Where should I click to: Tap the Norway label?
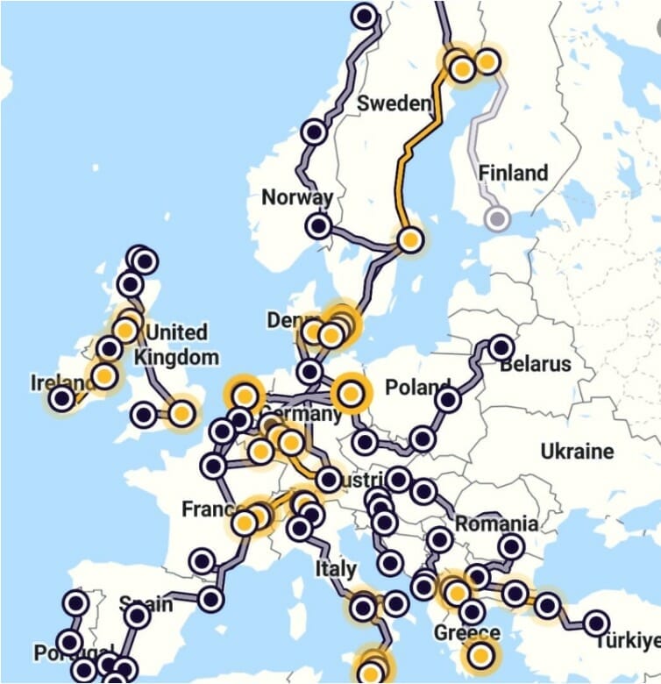(x=297, y=197)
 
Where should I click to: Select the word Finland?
(x=513, y=173)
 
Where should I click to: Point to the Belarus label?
(x=535, y=363)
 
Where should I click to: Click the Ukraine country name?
(x=577, y=452)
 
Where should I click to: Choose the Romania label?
(x=496, y=524)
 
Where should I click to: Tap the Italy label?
(x=335, y=568)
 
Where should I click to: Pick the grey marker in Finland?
(x=498, y=218)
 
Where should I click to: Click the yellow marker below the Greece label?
(x=480, y=654)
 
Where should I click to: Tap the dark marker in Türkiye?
(x=596, y=623)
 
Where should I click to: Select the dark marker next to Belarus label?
(x=501, y=347)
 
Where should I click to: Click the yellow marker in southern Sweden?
(x=410, y=239)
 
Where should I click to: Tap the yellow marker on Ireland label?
(x=104, y=377)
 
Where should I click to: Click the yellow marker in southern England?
(x=181, y=412)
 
